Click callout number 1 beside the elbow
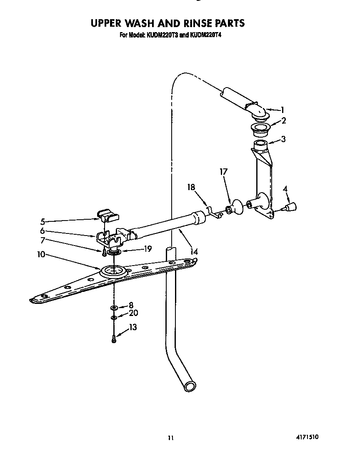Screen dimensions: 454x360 pyautogui.click(x=282, y=110)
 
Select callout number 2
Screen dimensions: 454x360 pyautogui.click(x=283, y=121)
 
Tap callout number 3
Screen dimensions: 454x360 pyautogui.click(x=283, y=139)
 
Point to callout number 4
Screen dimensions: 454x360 pyautogui.click(x=285, y=189)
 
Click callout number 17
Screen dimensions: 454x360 pyautogui.click(x=224, y=171)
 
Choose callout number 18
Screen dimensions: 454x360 pyautogui.click(x=191, y=188)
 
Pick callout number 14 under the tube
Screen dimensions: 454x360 pyautogui.click(x=194, y=251)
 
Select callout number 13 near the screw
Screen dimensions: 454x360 pyautogui.click(x=132, y=327)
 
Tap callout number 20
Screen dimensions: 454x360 pyautogui.click(x=133, y=313)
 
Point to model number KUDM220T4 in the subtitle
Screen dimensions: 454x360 pyautogui.click(x=205, y=35)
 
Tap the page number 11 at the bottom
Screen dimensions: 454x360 pyautogui.click(x=170, y=438)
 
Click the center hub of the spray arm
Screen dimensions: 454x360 pyautogui.click(x=112, y=272)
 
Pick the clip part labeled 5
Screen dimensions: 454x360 pyautogui.click(x=107, y=215)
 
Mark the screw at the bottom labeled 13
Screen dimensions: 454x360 pyautogui.click(x=113, y=339)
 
